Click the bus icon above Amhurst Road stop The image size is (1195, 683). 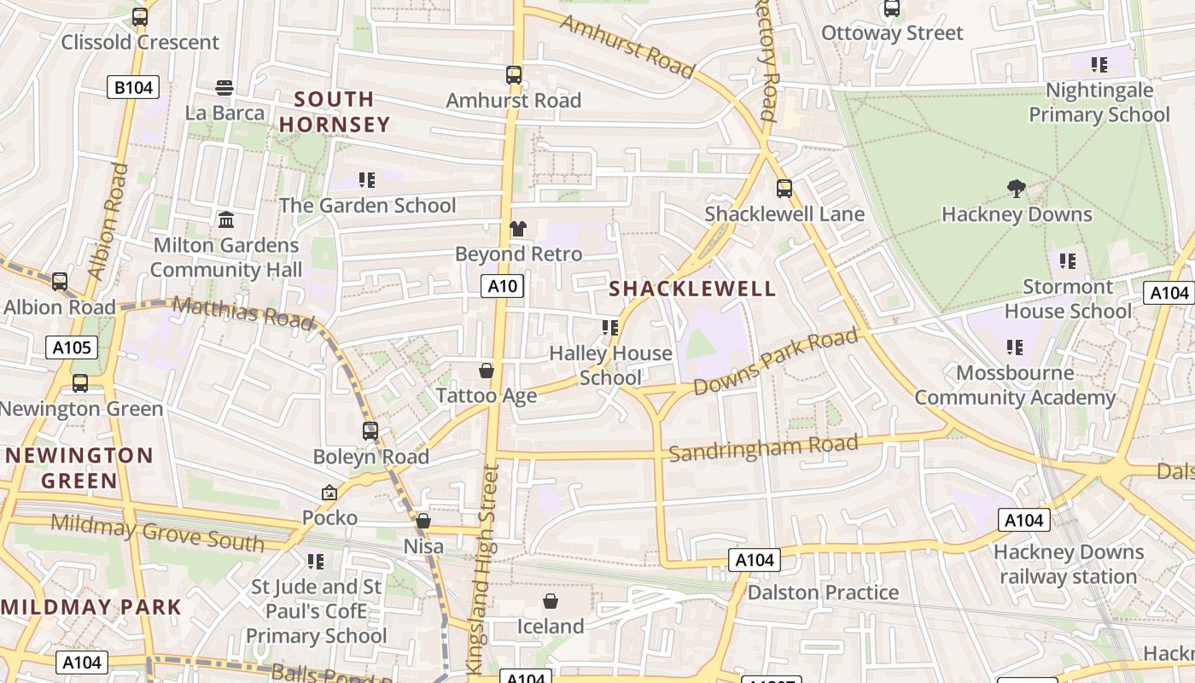(513, 75)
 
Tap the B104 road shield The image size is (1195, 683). (133, 87)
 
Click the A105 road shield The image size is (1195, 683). (72, 347)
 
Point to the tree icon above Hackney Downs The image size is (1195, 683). (1016, 188)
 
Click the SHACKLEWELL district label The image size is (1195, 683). (693, 289)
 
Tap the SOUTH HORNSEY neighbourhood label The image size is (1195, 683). (334, 112)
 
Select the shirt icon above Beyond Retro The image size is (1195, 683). (517, 229)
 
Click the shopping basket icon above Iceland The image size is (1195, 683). (551, 601)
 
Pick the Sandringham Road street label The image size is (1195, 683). (763, 447)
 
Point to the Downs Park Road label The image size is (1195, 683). (775, 362)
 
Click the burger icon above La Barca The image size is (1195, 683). (224, 87)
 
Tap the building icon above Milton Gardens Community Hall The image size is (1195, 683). (226, 220)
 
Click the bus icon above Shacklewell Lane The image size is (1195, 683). (784, 189)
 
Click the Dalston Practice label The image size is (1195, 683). (823, 593)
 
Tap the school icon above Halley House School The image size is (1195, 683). (609, 328)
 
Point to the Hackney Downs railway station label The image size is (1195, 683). (1068, 564)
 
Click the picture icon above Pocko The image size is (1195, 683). (329, 493)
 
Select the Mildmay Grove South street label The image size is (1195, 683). (157, 532)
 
